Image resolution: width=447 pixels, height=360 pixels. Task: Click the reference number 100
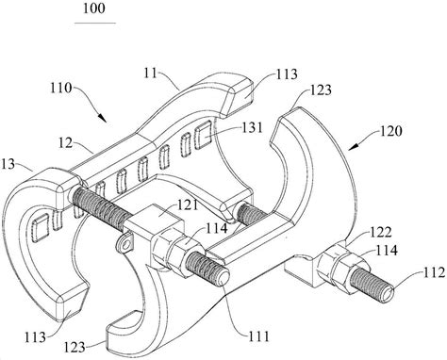point(93,8)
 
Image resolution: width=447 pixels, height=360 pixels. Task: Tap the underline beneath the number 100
point(95,23)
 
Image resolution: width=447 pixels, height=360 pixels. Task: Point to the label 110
point(61,88)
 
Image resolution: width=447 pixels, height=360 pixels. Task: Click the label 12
point(66,143)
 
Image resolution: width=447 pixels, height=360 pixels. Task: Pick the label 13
point(8,164)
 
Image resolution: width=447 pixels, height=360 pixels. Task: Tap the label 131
point(252,128)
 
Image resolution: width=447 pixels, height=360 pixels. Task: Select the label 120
point(390,131)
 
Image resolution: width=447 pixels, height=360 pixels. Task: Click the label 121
point(187,205)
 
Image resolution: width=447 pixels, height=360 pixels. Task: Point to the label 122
point(380,233)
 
